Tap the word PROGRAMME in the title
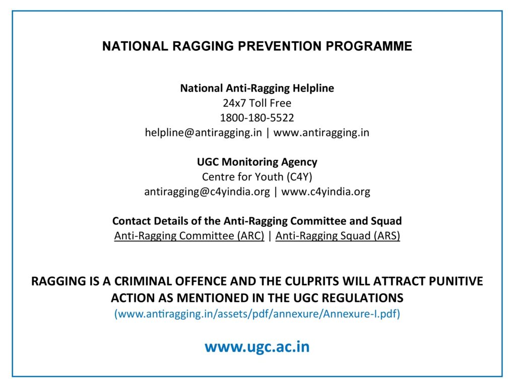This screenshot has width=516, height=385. click(369, 46)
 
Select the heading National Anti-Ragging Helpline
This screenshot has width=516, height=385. click(257, 89)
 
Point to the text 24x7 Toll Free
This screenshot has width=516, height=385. click(257, 103)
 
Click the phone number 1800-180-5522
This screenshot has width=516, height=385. click(257, 118)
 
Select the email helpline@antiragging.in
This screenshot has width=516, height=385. click(204, 133)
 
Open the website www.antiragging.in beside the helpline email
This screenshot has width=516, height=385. click(321, 133)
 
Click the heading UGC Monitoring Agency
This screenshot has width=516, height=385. click(257, 162)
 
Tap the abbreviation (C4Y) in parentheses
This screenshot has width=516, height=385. click(299, 177)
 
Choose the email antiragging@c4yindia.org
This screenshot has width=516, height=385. click(207, 192)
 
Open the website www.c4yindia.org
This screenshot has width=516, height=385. click(326, 192)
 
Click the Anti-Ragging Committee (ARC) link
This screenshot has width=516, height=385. click(189, 236)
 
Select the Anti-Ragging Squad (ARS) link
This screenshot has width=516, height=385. click(338, 236)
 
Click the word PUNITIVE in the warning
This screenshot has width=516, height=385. click(456, 281)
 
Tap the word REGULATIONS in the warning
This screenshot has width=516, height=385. click(362, 298)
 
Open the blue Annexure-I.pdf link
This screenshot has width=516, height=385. click(257, 314)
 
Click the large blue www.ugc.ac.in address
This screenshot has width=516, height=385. click(257, 347)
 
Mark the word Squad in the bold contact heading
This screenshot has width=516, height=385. click(386, 221)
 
